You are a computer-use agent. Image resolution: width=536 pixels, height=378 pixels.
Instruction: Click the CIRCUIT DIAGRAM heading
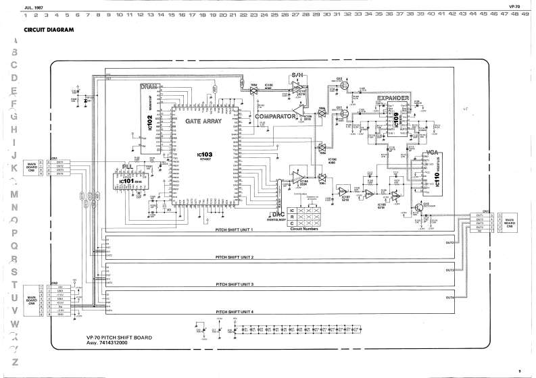[x=49, y=30]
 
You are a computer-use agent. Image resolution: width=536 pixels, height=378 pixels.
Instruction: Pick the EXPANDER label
[x=393, y=99]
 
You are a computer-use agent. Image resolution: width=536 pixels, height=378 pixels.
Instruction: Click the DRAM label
[x=149, y=87]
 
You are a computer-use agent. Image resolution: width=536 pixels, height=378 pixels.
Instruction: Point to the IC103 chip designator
[x=205, y=155]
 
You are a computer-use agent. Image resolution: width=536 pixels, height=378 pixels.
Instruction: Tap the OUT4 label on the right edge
[x=449, y=297]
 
